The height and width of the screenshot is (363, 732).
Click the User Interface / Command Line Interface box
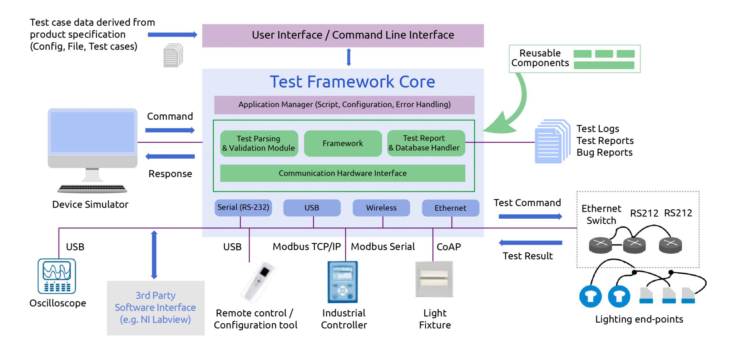pyautogui.click(x=343, y=35)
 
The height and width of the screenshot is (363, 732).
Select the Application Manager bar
pyautogui.click(x=344, y=105)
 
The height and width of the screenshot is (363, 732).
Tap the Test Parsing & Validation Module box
pyautogui.click(x=259, y=143)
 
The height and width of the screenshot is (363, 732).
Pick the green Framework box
pyautogui.click(x=343, y=143)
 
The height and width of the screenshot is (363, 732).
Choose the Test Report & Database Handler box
pyautogui.click(x=426, y=143)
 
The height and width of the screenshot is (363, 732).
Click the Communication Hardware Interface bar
pyautogui.click(x=342, y=173)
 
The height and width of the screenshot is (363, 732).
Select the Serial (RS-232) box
pyautogui.click(x=243, y=208)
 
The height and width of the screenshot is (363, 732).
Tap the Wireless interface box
pyautogui.click(x=381, y=208)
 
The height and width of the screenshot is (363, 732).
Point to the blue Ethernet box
pyautogui.click(x=450, y=208)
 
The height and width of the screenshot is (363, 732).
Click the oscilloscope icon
pyautogui.click(x=57, y=276)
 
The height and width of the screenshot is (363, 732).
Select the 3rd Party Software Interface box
pyautogui.click(x=155, y=308)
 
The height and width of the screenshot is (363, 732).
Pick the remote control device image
pyautogui.click(x=258, y=282)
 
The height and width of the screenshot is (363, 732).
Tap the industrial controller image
pyautogui.click(x=342, y=282)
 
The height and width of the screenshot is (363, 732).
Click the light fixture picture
pyautogui.click(x=434, y=279)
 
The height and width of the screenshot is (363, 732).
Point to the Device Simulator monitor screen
pyautogui.click(x=92, y=132)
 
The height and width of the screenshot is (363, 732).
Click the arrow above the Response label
pyautogui.click(x=170, y=156)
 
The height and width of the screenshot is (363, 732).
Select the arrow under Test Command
pyautogui.click(x=530, y=217)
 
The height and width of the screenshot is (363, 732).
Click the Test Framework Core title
pyautogui.click(x=352, y=82)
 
